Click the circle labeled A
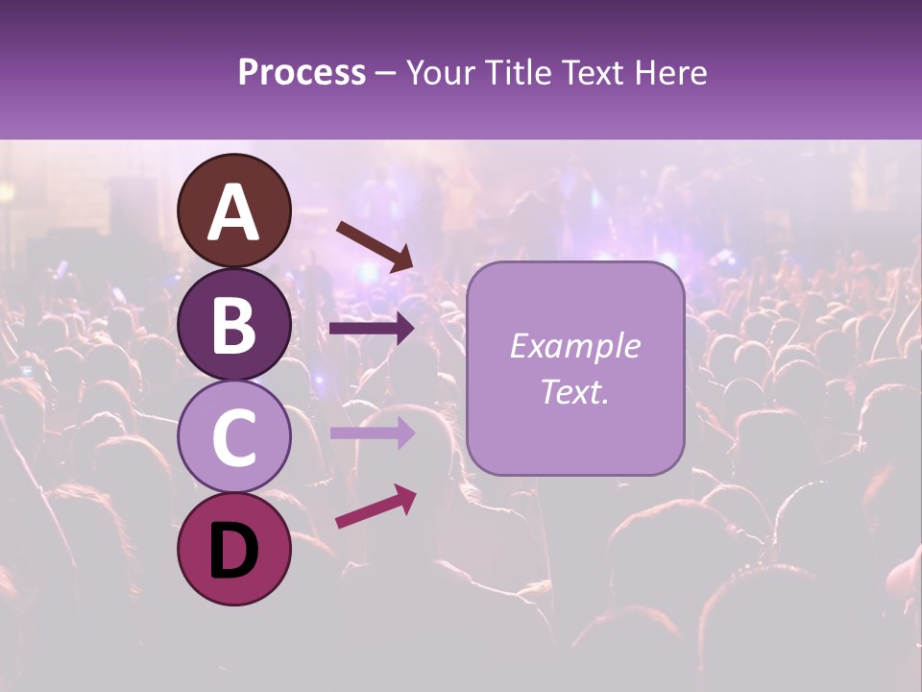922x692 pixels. point(234,211)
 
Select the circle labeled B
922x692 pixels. point(234,324)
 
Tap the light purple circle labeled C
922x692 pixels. point(234,436)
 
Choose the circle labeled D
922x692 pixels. point(234,549)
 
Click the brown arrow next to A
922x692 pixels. point(374,246)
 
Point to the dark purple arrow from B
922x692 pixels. point(372,329)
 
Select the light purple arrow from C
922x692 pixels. point(372,432)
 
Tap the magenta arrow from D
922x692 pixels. point(375,507)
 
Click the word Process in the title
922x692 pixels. point(302,72)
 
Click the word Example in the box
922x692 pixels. point(574,346)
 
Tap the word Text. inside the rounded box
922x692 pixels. point(574,391)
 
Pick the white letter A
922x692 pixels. point(234,212)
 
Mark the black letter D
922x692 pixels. point(234,550)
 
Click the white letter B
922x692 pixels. point(234,325)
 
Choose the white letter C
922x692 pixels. point(234,437)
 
